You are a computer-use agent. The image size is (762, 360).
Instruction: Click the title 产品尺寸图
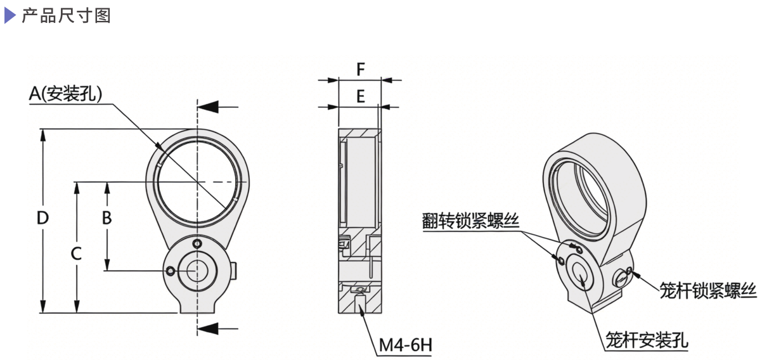66,15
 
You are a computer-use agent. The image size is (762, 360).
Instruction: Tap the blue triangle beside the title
10,15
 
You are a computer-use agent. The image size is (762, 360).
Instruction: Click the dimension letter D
42,217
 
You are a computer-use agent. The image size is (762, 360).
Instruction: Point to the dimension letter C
76,254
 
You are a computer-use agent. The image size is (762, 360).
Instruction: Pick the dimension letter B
107,217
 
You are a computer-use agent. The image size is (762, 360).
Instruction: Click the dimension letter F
360,68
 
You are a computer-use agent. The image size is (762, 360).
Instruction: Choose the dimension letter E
359,96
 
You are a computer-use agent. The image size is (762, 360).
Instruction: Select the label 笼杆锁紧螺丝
708,290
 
